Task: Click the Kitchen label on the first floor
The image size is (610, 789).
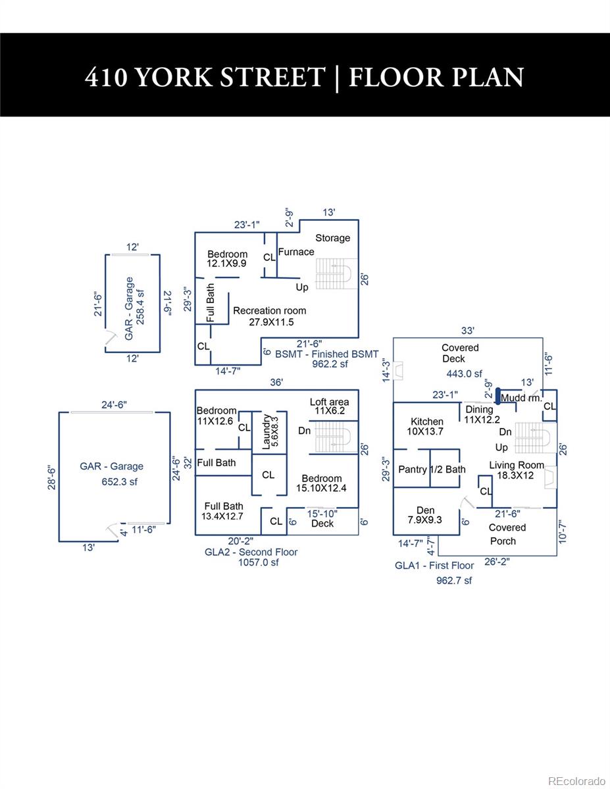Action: [x=427, y=421]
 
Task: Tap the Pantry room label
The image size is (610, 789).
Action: [x=413, y=469]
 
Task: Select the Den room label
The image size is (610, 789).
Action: [x=426, y=510]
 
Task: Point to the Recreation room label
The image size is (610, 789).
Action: [x=270, y=311]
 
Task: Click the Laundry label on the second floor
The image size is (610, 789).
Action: [x=267, y=432]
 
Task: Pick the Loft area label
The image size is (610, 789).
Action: [x=329, y=402]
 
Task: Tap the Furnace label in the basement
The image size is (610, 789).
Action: [x=296, y=252]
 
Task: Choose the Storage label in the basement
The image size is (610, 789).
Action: [x=333, y=238]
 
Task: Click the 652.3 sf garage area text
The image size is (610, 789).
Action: [x=120, y=482]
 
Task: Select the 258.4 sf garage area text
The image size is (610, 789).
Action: [x=140, y=307]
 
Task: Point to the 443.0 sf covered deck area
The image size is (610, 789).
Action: [x=465, y=373]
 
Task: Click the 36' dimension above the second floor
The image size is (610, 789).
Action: [x=276, y=383]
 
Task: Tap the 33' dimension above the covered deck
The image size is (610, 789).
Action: [x=468, y=331]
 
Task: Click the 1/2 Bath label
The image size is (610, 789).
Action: [x=448, y=469]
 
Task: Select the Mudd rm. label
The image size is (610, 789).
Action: [x=521, y=398]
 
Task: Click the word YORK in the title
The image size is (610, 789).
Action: [x=174, y=78]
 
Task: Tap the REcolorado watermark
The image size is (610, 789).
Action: [x=576, y=778]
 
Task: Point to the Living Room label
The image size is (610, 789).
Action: [x=517, y=465]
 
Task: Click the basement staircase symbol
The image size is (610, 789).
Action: [x=336, y=274]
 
